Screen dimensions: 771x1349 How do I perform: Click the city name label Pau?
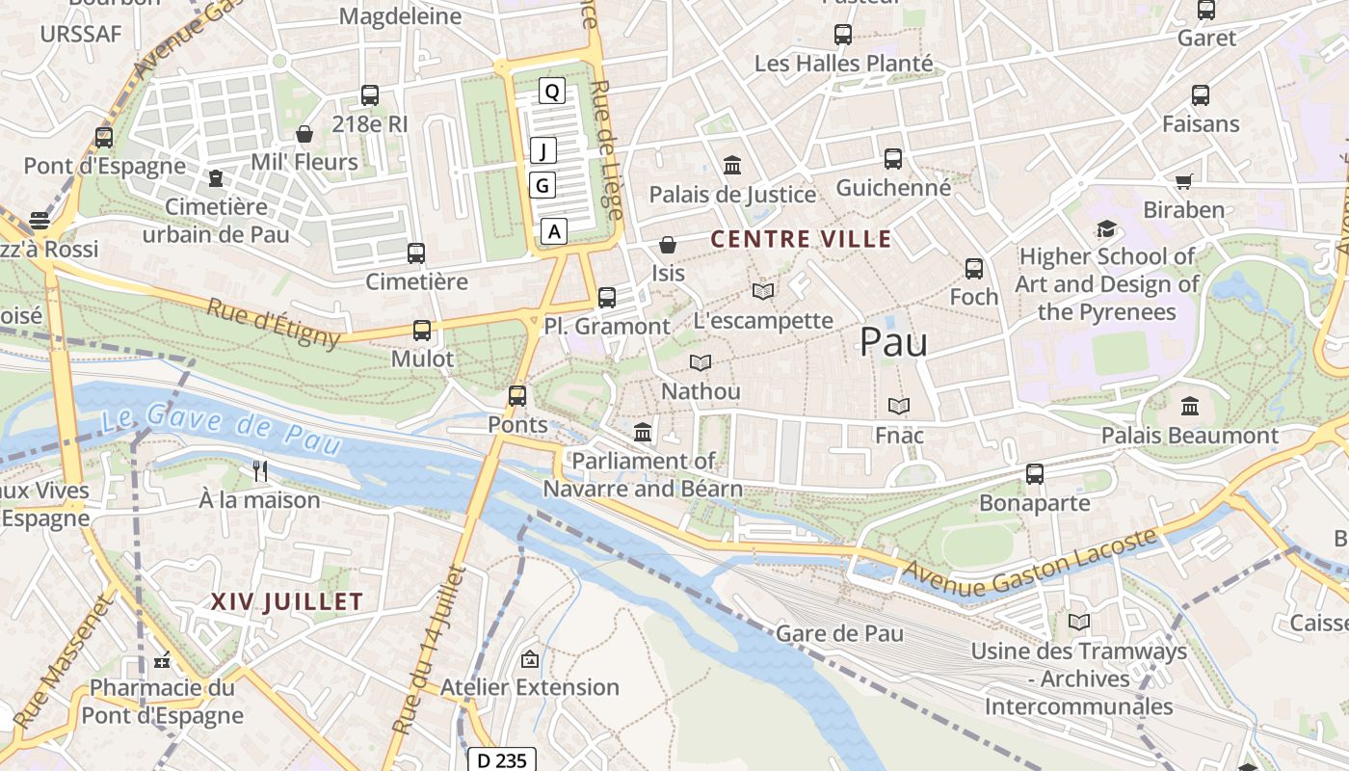tap(893, 342)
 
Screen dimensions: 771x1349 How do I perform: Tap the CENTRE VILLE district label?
tap(801, 239)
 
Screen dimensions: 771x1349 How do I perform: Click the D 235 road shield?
tap(502, 760)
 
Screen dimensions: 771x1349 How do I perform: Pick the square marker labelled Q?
tap(551, 92)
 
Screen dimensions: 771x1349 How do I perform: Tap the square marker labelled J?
tap(543, 150)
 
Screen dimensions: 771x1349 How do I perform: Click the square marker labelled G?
tap(542, 185)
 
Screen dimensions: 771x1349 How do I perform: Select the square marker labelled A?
tap(554, 231)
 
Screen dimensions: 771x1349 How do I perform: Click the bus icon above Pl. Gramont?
tap(606, 298)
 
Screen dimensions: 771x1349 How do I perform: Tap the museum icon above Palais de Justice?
tap(731, 166)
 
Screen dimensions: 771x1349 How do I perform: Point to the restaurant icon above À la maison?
tap(259, 471)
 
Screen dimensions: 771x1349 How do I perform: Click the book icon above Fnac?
tap(898, 407)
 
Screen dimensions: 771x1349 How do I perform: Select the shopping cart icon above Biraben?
tap(1183, 181)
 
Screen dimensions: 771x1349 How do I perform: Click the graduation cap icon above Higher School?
tap(1106, 228)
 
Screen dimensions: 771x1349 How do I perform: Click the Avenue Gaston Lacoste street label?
tap(1029, 563)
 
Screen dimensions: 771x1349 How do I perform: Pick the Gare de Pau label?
tap(839, 633)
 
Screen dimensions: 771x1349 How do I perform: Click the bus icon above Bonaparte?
tap(1034, 474)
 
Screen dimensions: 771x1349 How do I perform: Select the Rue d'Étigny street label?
tap(274, 322)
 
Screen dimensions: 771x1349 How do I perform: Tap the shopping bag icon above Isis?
tap(667, 245)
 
